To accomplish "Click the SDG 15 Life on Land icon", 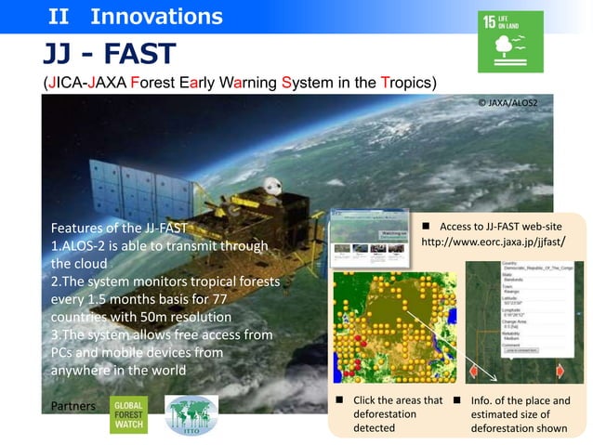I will click(x=508, y=43).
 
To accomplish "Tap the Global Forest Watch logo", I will click(x=128, y=415).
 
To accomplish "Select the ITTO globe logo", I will click(x=191, y=415).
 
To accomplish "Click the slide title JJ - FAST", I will click(x=109, y=55).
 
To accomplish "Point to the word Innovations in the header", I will click(x=156, y=16).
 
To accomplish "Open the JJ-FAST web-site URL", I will click(x=494, y=242).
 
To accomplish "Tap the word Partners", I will click(x=74, y=406).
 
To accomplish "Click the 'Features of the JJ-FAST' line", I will click(x=119, y=229).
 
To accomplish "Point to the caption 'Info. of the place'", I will click(x=520, y=400).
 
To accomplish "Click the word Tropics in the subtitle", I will click(x=405, y=82).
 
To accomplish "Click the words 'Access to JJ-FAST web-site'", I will click(x=500, y=226).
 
